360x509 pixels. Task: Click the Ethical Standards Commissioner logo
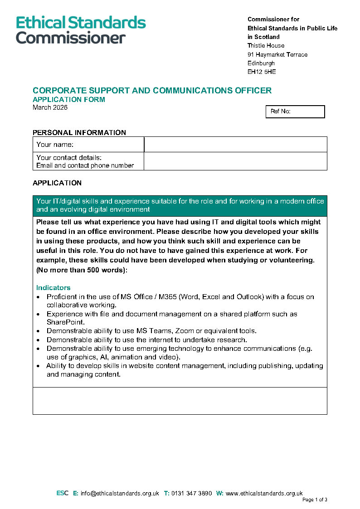81,30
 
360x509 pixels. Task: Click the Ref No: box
295,111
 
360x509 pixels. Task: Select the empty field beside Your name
235,145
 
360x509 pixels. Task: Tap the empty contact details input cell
235,161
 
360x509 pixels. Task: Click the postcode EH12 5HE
262,72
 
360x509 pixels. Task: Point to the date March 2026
50,108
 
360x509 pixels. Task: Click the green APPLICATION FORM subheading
69,100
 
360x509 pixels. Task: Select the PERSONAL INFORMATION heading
79,133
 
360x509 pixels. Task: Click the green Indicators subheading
54,288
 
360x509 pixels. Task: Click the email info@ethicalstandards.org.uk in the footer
120,494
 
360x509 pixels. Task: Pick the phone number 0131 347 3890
191,494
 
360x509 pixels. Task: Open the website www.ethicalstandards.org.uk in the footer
264,494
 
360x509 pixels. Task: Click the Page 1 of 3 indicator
315,500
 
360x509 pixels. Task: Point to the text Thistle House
266,46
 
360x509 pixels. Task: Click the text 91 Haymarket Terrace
277,55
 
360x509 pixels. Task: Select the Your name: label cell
88,145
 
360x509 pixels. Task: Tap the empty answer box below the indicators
180,401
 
